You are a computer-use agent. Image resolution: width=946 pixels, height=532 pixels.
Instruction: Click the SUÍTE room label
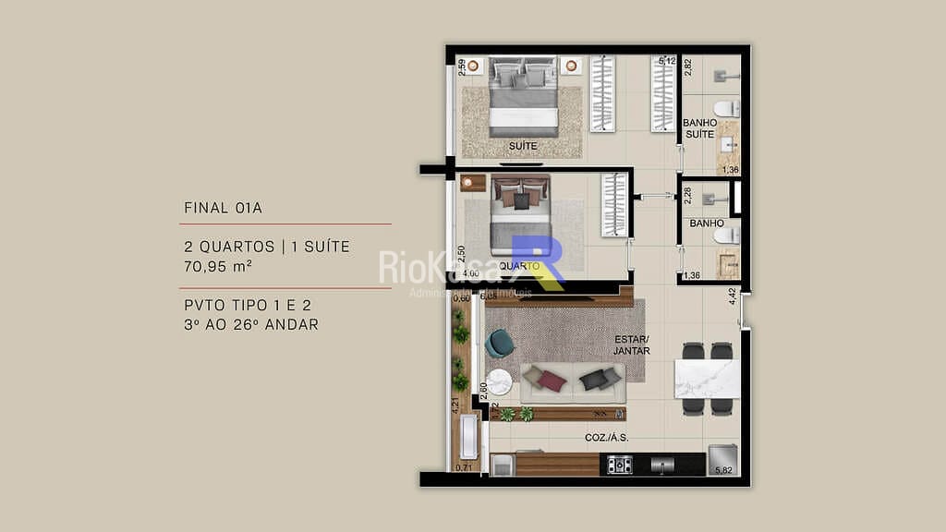coord(523,146)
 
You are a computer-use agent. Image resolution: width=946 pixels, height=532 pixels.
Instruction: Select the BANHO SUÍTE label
coord(698,128)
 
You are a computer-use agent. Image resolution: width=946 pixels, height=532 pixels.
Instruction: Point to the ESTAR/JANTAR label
coord(632,345)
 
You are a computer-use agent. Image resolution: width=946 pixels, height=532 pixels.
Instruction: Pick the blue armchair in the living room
coord(500,344)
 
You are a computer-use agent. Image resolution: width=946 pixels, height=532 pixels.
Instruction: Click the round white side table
coord(500,381)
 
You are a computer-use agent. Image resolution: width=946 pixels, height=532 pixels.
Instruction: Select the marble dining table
coord(707,379)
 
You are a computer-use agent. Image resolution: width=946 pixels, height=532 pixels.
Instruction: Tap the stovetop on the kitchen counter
coord(619,465)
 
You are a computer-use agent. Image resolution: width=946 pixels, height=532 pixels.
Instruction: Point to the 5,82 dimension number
coord(723,471)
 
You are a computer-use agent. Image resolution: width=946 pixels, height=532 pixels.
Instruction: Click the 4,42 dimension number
coord(732,296)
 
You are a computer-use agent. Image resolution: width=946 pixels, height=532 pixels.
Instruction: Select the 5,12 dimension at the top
coord(667,62)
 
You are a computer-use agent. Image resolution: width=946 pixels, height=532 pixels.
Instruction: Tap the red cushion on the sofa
coord(552,380)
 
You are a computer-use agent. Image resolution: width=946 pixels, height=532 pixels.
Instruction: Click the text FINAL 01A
coord(223,208)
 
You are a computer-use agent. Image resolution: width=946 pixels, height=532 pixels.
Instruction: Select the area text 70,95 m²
coord(218,266)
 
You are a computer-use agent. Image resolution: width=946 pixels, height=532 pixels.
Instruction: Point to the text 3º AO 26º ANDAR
coord(251,324)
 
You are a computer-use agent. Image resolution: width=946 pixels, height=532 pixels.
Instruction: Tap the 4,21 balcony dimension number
coord(455,405)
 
